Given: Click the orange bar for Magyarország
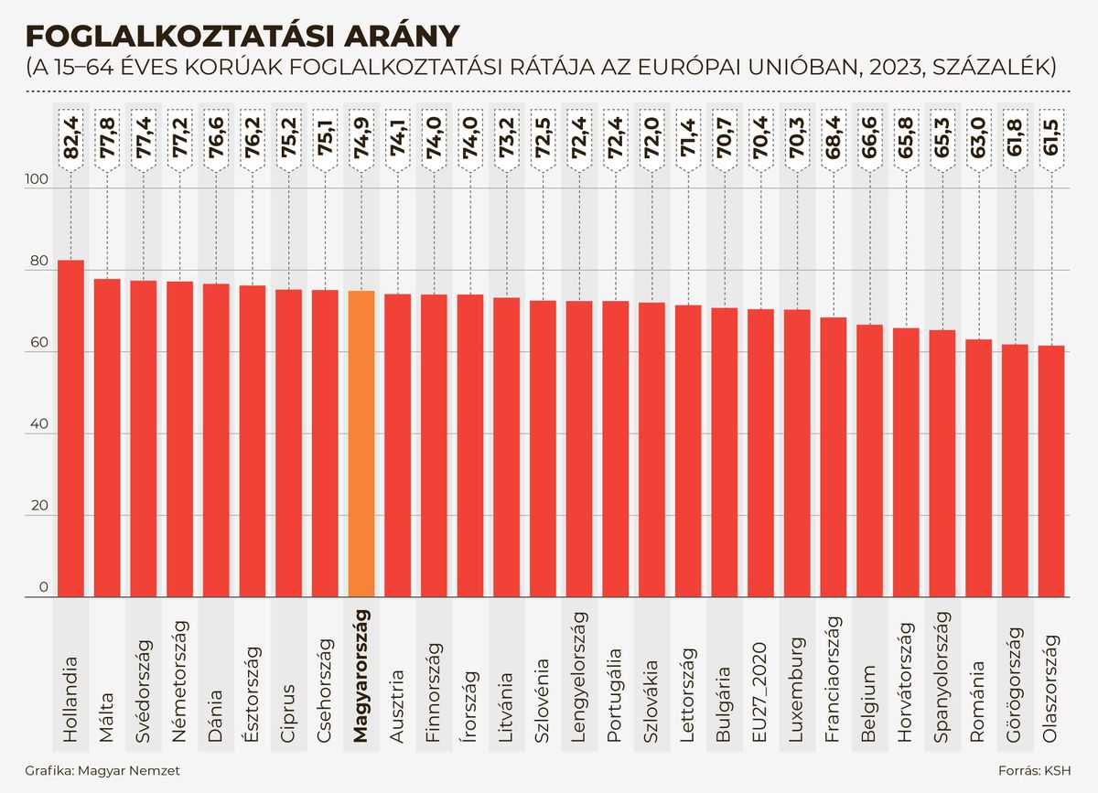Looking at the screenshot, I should (361, 445).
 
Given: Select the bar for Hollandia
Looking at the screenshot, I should (71, 429).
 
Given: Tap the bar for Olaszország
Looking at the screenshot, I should (1051, 471).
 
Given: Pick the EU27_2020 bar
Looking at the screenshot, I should (761, 453).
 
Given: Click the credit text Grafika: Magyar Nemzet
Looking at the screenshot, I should (102, 770).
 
